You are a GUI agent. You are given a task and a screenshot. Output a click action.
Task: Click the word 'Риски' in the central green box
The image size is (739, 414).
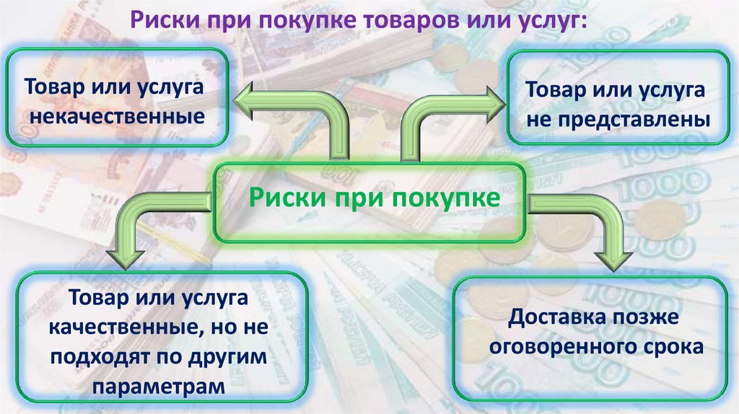tap(282, 196)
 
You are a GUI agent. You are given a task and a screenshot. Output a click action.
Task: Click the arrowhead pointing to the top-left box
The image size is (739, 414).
tap(250, 98)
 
